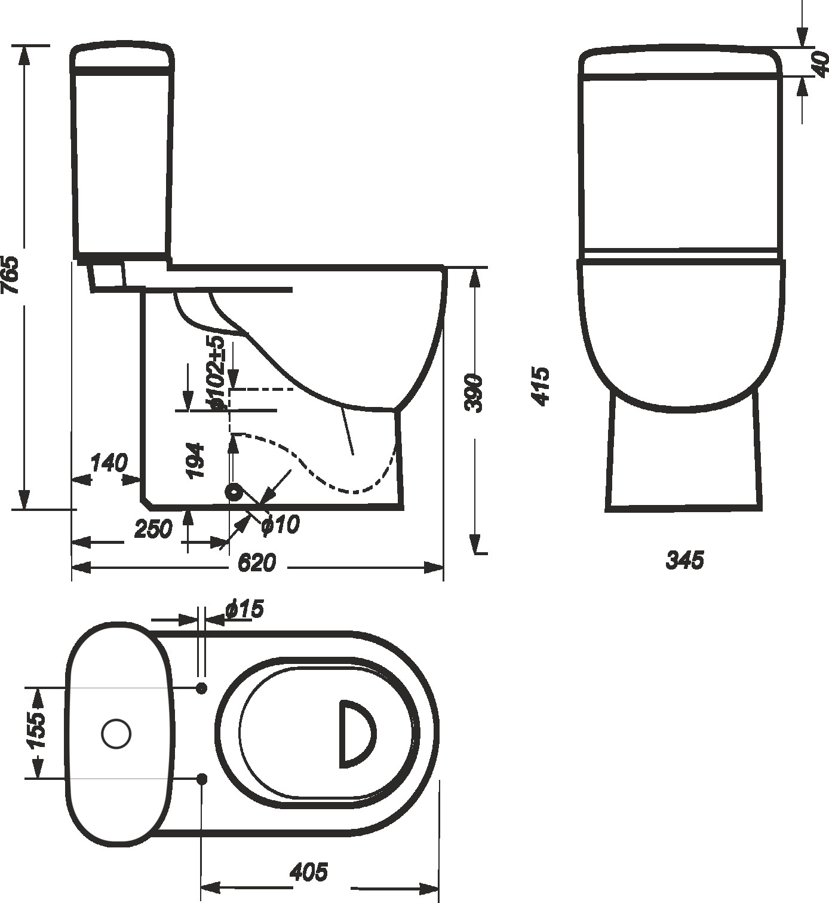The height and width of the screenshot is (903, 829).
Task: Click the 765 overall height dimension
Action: [10, 275]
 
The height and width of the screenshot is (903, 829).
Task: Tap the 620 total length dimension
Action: [256, 563]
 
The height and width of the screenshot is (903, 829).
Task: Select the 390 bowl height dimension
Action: [474, 392]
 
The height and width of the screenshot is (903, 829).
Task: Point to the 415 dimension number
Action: [540, 387]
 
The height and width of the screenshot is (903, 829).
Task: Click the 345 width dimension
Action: [684, 560]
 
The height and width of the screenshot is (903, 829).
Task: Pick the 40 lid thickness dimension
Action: [821, 64]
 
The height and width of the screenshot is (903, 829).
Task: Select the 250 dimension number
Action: [153, 528]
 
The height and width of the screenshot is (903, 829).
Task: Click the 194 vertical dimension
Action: [195, 461]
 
